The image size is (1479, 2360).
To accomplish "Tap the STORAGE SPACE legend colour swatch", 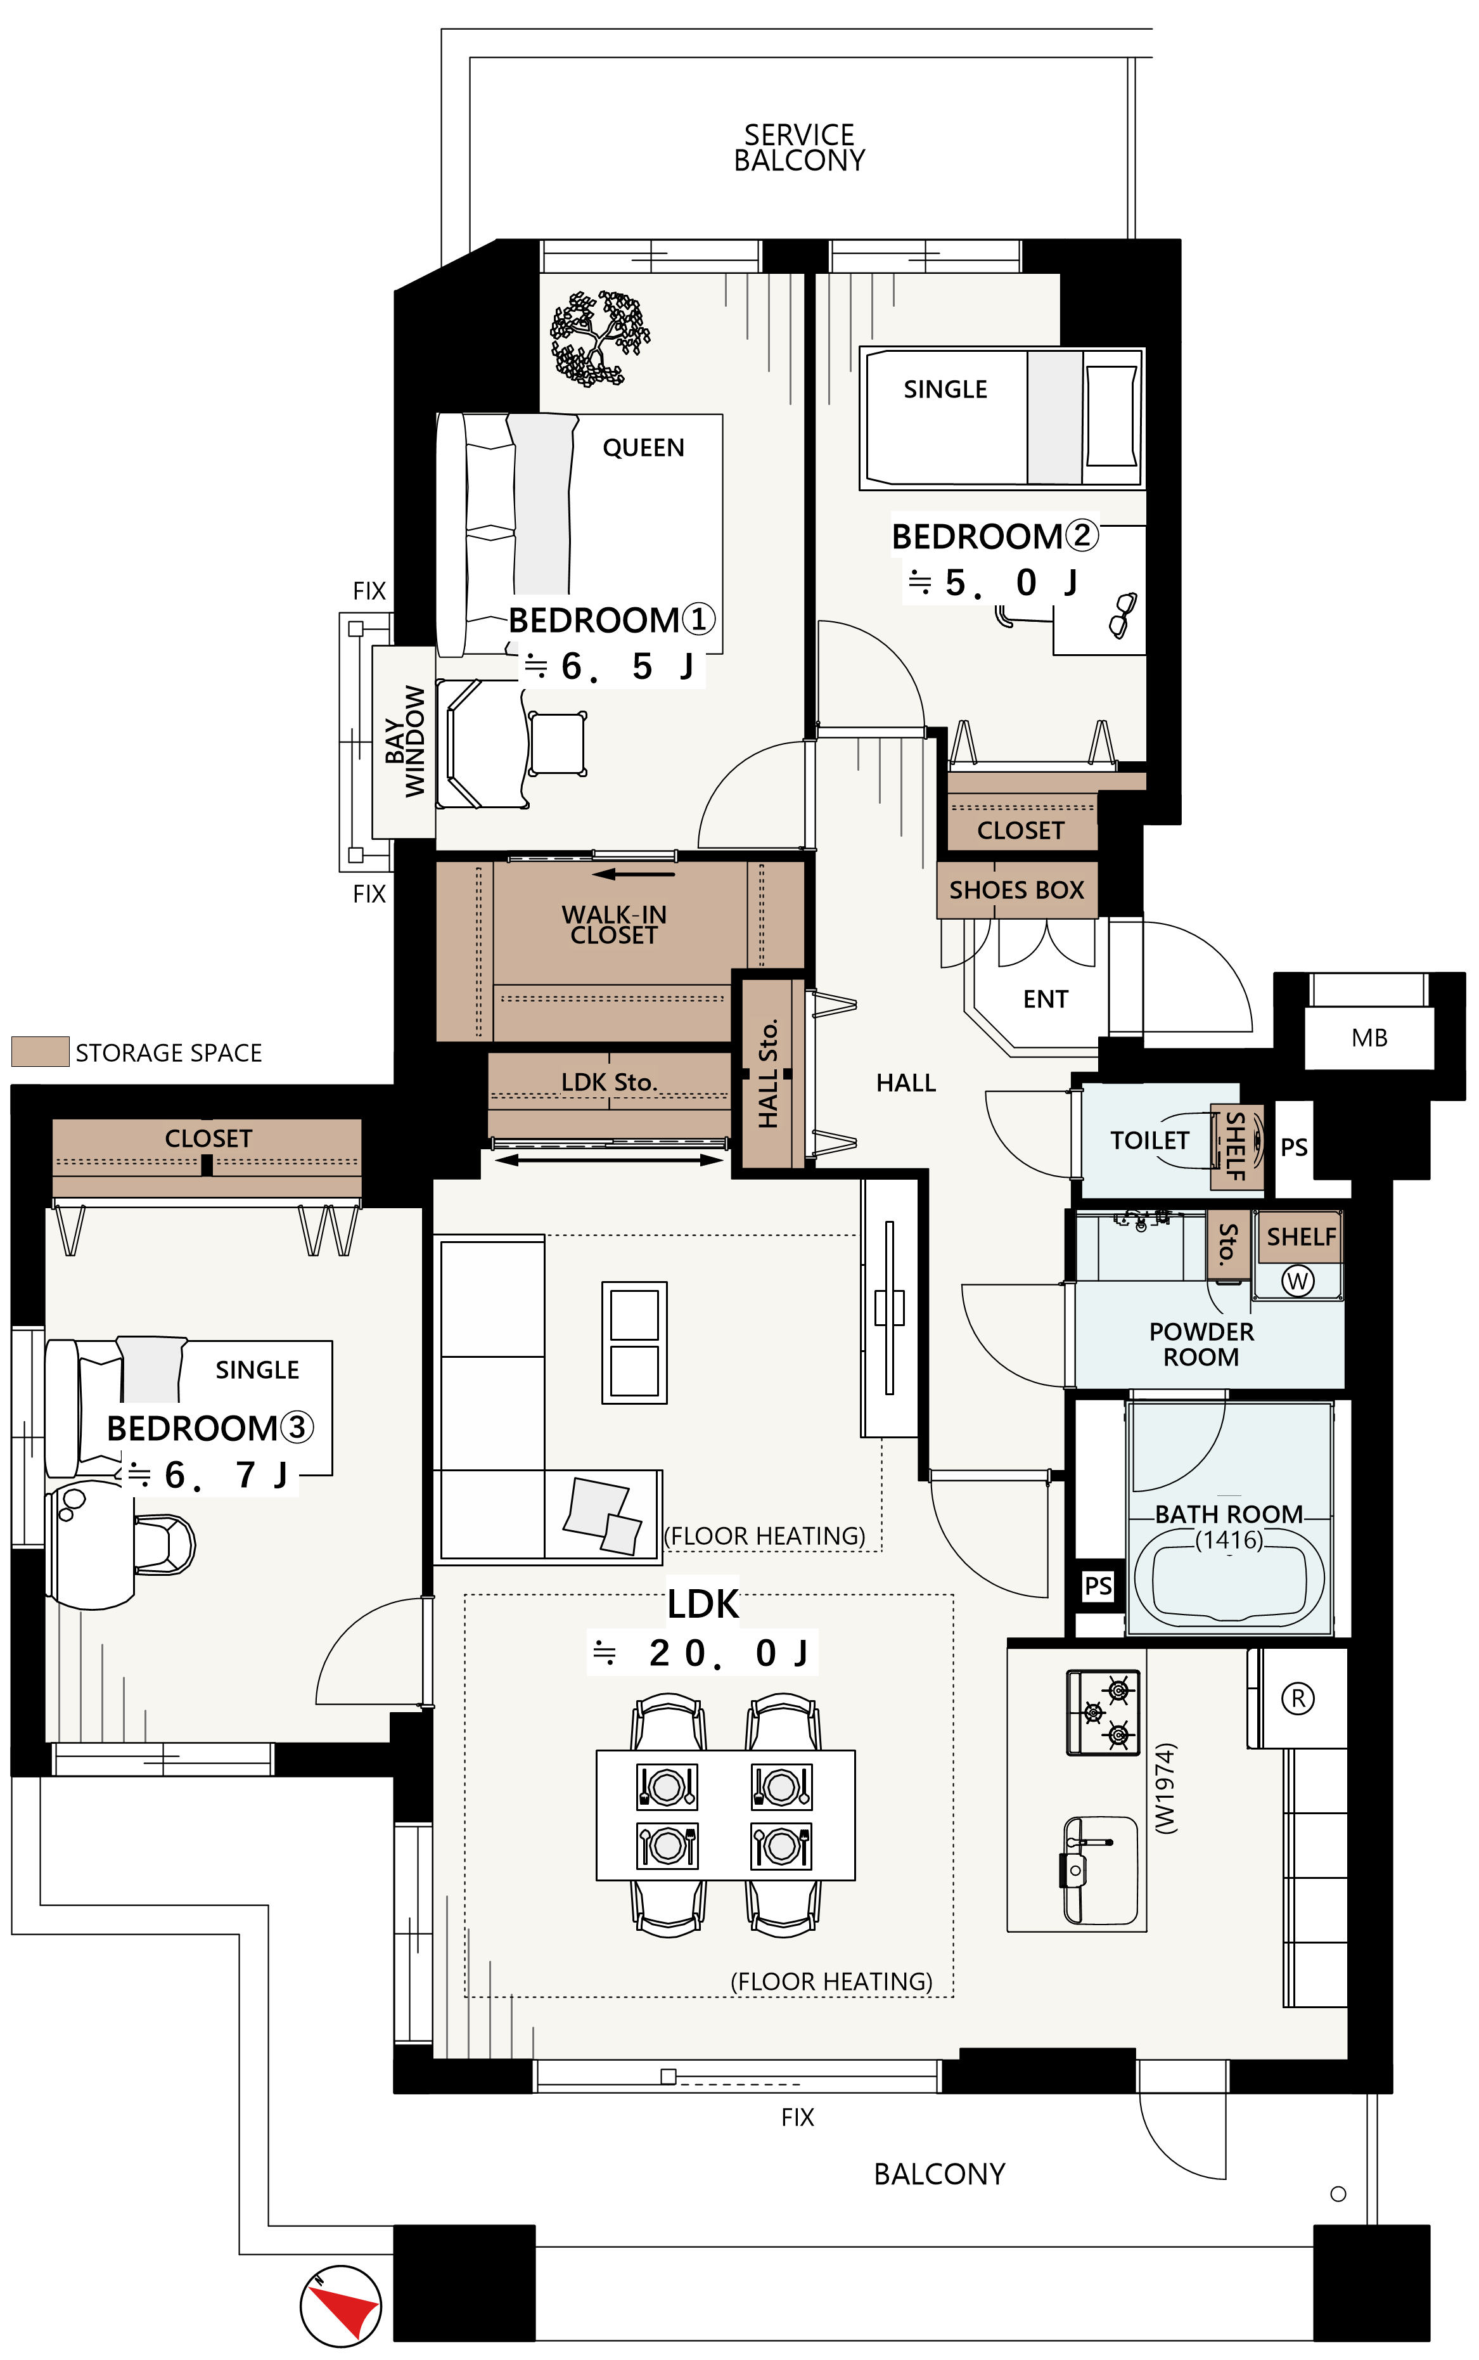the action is point(40,1051).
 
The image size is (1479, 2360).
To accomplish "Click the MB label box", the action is point(1369,1037).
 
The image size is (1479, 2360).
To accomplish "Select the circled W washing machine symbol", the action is point(1297,1280).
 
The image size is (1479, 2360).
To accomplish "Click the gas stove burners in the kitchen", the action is point(1103,1712).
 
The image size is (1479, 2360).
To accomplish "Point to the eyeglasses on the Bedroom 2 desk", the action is point(1124,614).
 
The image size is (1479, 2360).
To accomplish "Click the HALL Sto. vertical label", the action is point(768,1073).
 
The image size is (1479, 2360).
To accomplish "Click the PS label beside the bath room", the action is point(1098,1585).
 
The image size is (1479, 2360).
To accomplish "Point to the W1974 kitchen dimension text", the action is point(1165,1789).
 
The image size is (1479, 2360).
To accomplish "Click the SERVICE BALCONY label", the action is point(799,147).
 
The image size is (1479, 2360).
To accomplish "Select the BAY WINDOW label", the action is point(404,740).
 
